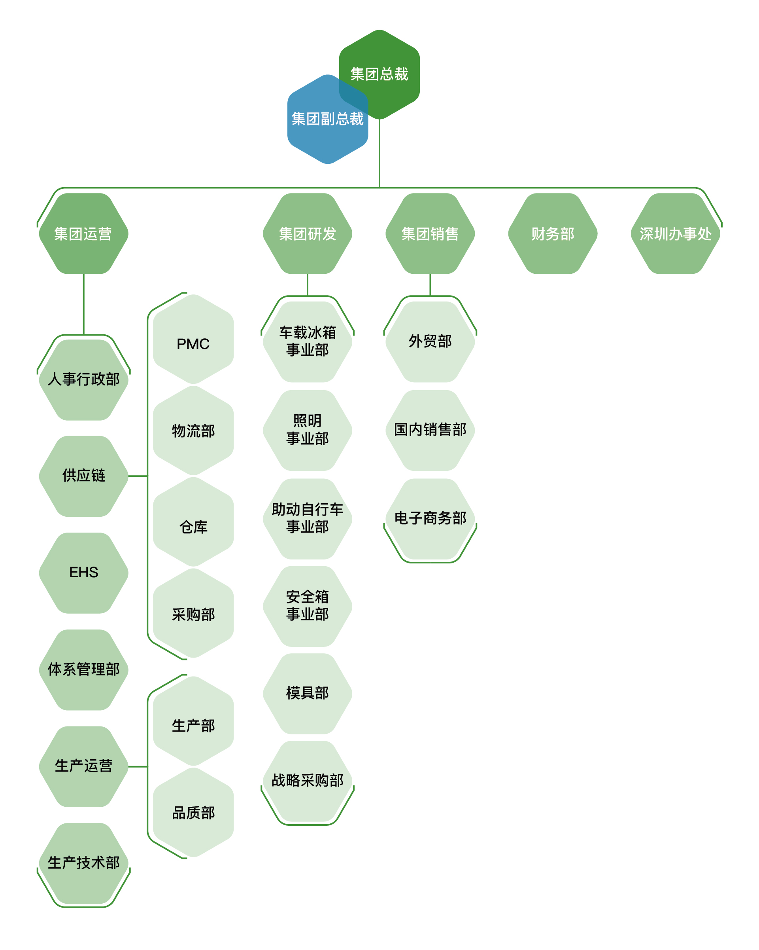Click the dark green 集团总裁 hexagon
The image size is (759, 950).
379,74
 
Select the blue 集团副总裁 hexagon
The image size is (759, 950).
328,119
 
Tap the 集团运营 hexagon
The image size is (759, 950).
84,233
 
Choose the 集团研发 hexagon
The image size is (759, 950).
307,233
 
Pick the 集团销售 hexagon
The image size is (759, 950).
430,233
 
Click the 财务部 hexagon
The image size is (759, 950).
553,233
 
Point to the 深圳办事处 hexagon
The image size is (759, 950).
675,233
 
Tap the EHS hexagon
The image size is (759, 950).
84,573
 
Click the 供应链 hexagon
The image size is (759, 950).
84,476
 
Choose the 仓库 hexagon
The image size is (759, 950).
193,522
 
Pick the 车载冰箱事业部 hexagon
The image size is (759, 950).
307,342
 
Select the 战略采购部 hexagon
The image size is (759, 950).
307,781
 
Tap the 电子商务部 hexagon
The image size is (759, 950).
430,519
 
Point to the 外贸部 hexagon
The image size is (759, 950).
430,342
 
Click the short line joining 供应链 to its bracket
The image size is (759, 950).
138,476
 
